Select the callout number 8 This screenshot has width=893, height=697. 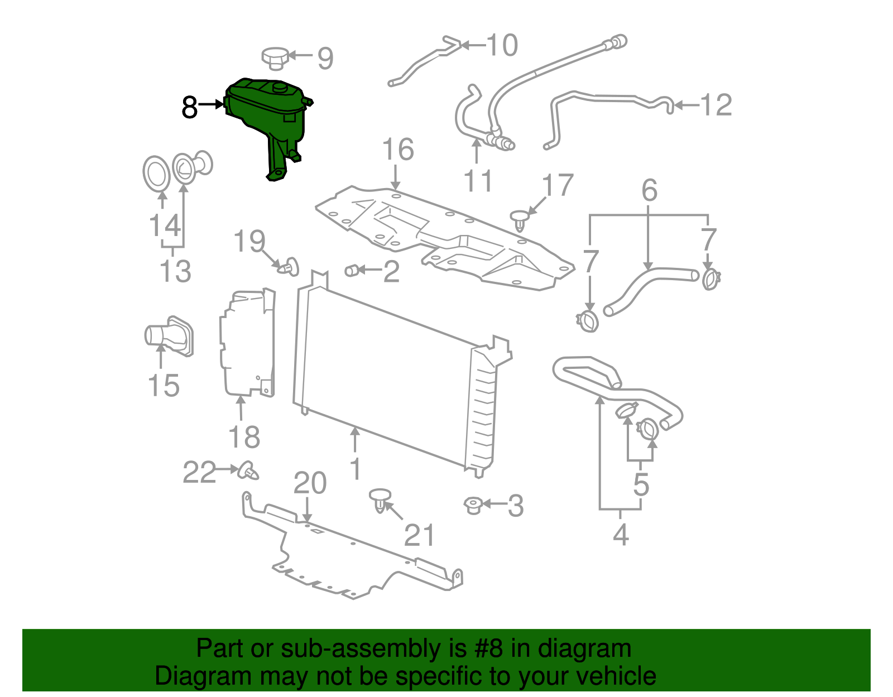pos(190,107)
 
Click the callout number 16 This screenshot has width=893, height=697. pos(397,150)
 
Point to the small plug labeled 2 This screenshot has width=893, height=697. pos(351,271)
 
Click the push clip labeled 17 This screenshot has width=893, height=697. pos(520,219)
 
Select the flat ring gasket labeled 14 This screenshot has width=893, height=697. pos(156,174)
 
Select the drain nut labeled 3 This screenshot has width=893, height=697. pos(473,505)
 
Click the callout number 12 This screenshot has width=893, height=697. pos(716,105)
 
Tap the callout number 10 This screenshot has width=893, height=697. pos(502,45)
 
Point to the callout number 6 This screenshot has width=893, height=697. pos(649,190)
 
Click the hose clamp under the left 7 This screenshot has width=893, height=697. pos(587,322)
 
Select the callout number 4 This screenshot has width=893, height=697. pos(621,535)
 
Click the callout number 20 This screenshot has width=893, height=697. pos(310,483)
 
